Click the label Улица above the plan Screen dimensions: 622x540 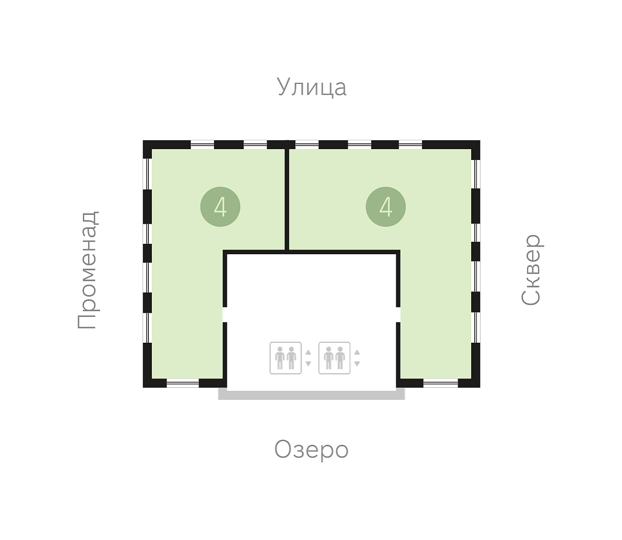click(x=312, y=87)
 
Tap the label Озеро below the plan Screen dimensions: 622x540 click(x=312, y=450)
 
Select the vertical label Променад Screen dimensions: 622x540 click(x=88, y=270)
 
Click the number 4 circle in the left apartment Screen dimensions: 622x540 click(x=220, y=207)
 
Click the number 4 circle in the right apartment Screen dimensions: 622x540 click(x=386, y=207)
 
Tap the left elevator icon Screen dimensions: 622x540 click(x=286, y=358)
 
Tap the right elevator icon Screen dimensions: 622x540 click(x=334, y=358)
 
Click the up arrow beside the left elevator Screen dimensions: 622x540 click(x=308, y=353)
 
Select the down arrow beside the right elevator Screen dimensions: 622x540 click(x=357, y=363)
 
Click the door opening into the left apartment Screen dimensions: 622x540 click(x=225, y=314)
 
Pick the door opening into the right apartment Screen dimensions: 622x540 click(x=398, y=314)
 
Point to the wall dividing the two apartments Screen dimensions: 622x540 click(x=287, y=199)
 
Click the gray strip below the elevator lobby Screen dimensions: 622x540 click(x=312, y=395)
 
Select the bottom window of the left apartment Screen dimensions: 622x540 click(x=182, y=383)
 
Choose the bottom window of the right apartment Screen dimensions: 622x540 click(x=441, y=383)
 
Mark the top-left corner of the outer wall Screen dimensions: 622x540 click(x=143, y=140)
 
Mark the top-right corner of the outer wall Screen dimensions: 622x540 click(x=480, y=140)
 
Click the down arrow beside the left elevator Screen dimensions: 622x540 click(x=308, y=363)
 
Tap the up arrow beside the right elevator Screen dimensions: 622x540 click(x=357, y=353)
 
